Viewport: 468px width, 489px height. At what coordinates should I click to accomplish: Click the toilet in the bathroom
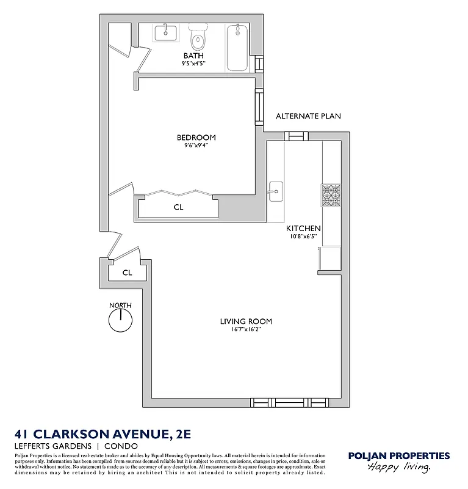tap(198, 40)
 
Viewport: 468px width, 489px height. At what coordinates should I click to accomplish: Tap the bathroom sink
tap(165, 33)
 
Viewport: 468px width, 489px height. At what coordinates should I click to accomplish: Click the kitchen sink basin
tap(275, 191)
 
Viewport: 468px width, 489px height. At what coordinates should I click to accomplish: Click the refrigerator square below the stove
tap(331, 257)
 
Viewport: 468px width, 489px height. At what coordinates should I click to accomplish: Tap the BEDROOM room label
tap(196, 138)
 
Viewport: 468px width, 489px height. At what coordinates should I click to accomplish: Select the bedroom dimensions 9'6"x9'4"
tap(196, 145)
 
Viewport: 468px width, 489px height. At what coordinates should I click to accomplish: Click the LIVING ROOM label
tap(246, 322)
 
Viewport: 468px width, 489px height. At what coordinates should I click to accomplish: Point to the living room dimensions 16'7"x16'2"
tap(246, 329)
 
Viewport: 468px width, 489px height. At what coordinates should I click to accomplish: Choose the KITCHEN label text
tap(303, 229)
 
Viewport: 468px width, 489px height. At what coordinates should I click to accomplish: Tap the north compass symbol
tap(120, 319)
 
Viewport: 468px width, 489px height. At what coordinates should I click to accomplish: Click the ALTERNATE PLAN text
tap(308, 116)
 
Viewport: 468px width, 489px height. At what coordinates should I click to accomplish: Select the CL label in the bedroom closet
tap(178, 207)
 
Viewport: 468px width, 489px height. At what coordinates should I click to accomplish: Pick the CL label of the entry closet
tap(127, 273)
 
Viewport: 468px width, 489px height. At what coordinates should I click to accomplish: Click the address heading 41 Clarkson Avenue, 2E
tap(103, 434)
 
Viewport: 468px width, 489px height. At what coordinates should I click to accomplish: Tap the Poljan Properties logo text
tap(398, 455)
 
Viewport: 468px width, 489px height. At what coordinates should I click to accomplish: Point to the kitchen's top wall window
tap(295, 136)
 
